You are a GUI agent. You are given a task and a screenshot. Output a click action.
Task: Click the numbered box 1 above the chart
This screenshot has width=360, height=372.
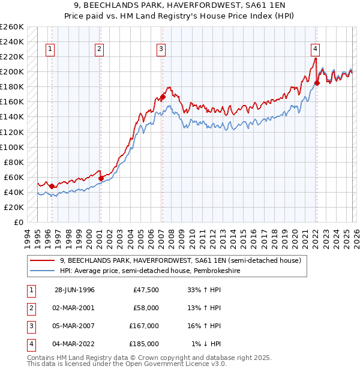click(50, 49)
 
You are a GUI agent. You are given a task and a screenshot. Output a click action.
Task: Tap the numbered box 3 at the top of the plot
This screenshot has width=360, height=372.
click(161, 49)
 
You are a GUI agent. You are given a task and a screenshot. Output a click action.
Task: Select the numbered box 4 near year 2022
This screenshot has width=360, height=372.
click(315, 49)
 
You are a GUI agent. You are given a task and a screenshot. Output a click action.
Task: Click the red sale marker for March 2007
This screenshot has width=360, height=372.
click(163, 97)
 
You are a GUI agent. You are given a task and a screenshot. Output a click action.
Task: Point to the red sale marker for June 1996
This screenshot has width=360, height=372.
click(52, 186)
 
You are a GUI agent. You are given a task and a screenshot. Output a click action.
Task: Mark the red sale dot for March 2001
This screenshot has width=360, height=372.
click(101, 178)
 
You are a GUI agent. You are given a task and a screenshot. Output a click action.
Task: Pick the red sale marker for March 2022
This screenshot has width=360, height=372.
click(317, 83)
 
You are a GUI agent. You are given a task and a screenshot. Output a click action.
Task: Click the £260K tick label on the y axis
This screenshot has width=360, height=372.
click(12, 27)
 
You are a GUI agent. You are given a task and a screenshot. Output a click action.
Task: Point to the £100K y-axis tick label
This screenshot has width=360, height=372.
click(12, 147)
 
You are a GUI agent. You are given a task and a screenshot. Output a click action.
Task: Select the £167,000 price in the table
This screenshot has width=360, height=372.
click(144, 326)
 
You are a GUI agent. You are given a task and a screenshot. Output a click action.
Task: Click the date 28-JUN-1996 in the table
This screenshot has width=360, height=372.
click(74, 290)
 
